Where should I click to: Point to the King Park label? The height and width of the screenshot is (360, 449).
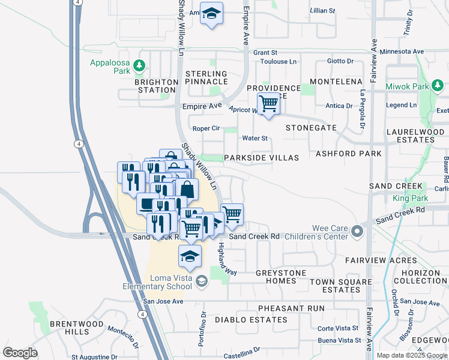pyautogui.click(x=410, y=197)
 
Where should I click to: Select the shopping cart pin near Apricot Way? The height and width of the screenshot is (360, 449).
pyautogui.click(x=269, y=104)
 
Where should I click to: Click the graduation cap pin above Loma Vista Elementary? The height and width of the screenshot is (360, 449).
pyautogui.click(x=190, y=256)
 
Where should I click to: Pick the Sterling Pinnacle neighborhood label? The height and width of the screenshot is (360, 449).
pyautogui.click(x=206, y=77)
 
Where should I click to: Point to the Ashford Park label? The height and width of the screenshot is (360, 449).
pyautogui.click(x=352, y=154)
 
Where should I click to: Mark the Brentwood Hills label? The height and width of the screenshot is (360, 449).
pyautogui.click(x=69, y=328)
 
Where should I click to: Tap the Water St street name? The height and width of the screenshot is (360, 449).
pyautogui.click(x=254, y=139)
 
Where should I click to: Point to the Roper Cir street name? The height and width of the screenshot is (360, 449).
pyautogui.click(x=206, y=128)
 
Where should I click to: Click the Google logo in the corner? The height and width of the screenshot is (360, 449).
pyautogui.click(x=20, y=352)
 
